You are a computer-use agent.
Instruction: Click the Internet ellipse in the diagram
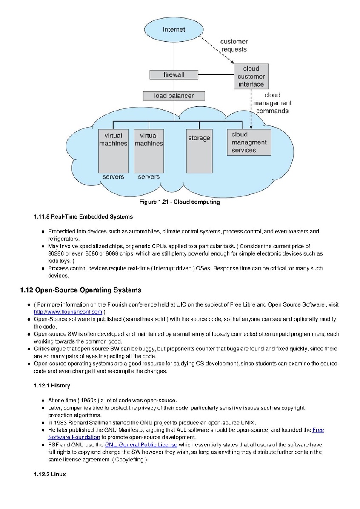pyautogui.click(x=174, y=29)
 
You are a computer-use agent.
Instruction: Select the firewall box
pyautogui.click(x=174, y=75)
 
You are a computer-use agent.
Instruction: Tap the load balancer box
pyautogui.click(x=174, y=96)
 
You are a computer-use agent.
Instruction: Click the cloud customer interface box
pyautogui.click(x=251, y=76)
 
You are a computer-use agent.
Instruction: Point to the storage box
pyautogui.click(x=199, y=151)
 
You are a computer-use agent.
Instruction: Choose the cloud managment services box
pyautogui.click(x=249, y=142)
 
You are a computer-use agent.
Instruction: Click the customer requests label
pyautogui.click(x=234, y=45)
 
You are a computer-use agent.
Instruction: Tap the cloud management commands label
pyautogui.click(x=272, y=103)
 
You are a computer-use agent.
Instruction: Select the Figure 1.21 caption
pyautogui.click(x=179, y=202)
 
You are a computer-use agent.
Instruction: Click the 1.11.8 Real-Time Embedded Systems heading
pyautogui.click(x=83, y=216)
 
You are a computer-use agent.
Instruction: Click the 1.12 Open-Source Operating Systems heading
pyautogui.click(x=80, y=290)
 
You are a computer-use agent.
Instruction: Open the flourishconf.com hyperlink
pyautogui.click(x=68, y=312)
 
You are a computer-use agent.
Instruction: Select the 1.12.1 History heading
pyautogui.click(x=52, y=386)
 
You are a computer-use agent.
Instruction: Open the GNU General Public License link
pyautogui.click(x=141, y=445)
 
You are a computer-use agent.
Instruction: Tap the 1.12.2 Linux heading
pyautogui.click(x=50, y=474)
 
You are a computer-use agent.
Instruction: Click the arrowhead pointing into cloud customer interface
pyautogui.click(x=232, y=62)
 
